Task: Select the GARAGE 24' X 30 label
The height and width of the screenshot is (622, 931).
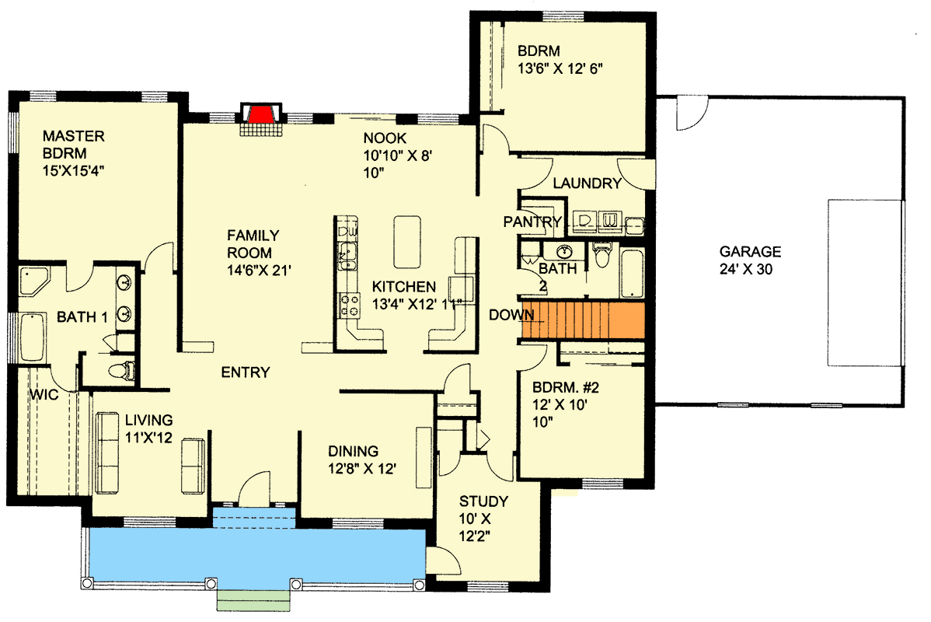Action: click(x=749, y=259)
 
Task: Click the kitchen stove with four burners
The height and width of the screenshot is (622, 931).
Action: click(x=347, y=304)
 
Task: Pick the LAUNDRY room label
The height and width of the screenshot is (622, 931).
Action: click(x=587, y=183)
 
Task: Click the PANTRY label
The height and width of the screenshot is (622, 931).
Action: click(x=532, y=222)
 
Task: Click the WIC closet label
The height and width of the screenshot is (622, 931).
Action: click(x=44, y=395)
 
